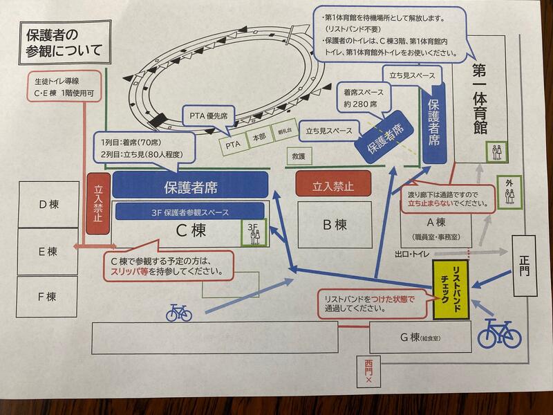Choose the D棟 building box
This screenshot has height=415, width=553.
48,205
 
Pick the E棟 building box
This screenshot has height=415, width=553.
48,251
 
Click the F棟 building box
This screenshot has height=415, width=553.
48,296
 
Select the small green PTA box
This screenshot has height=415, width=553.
233,145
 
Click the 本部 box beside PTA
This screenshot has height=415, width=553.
259,138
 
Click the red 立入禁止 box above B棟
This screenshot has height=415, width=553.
334,185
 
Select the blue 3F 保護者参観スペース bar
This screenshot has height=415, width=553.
189,212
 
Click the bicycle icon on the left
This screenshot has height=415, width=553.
178,313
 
